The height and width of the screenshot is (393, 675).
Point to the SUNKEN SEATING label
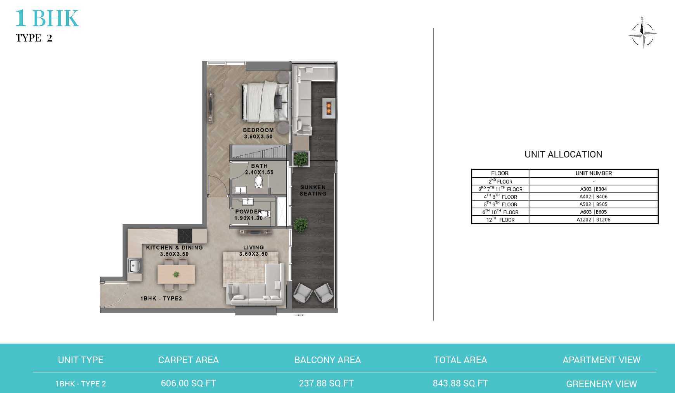(x=313, y=190)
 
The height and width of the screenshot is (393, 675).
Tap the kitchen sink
(x=135, y=266)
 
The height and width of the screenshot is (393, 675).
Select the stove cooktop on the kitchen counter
(x=185, y=235)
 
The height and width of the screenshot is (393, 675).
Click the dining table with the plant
(x=176, y=274)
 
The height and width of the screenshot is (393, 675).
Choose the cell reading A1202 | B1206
(x=594, y=220)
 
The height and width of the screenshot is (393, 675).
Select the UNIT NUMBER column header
(x=594, y=173)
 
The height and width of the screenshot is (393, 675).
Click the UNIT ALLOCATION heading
(x=563, y=154)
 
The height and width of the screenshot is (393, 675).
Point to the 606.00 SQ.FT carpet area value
(x=189, y=383)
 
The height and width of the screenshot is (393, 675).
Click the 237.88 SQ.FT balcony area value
(x=326, y=383)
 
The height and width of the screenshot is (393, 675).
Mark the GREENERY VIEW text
(x=601, y=384)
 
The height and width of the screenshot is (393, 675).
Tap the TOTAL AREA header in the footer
(x=460, y=360)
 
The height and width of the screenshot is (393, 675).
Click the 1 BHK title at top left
(x=47, y=18)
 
